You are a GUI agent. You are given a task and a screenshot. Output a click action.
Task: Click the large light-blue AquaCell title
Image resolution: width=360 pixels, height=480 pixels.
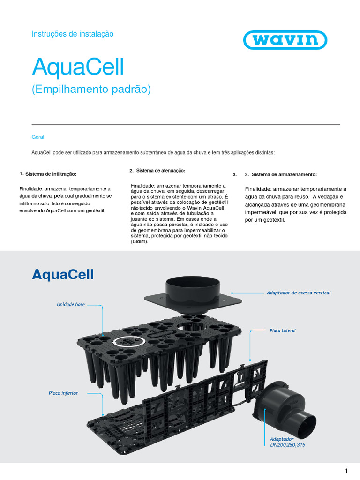click(x=78, y=68)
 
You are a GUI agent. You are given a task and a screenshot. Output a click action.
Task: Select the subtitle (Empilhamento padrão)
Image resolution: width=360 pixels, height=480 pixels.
click(x=91, y=89)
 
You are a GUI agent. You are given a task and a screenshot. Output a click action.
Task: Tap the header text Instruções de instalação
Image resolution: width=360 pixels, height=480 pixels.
click(x=72, y=34)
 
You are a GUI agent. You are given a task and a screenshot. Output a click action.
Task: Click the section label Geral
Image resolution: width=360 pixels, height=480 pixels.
click(x=37, y=137)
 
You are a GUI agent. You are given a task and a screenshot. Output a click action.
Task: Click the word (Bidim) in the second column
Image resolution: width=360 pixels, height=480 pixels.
click(x=139, y=242)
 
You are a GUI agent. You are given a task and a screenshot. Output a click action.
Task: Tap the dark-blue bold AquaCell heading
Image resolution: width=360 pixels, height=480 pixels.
click(x=63, y=274)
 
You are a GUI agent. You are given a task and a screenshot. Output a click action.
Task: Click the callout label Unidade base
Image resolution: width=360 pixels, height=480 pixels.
click(x=71, y=304)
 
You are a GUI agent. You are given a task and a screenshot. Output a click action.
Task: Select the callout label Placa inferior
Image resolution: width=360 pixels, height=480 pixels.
click(x=63, y=393)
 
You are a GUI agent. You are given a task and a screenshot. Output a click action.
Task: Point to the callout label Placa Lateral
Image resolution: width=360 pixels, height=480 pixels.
click(x=283, y=330)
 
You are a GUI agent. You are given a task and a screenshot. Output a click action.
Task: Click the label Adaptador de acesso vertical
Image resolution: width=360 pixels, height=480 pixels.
click(x=299, y=292)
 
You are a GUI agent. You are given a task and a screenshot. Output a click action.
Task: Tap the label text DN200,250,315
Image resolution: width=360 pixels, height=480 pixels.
click(x=287, y=444)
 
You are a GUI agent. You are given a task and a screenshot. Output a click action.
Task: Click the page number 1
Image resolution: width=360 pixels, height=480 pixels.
click(x=346, y=471)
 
